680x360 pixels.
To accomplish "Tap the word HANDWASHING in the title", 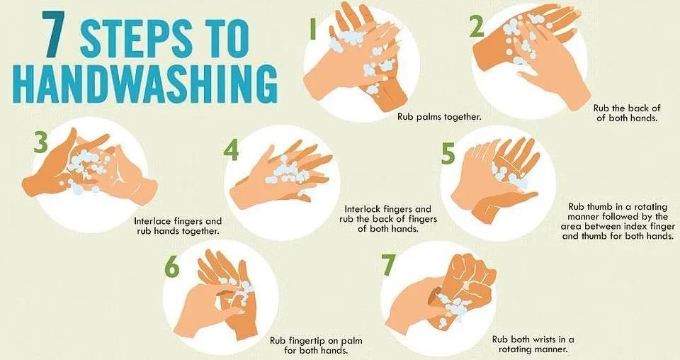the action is [x=147, y=84].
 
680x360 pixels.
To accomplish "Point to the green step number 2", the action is [x=477, y=28].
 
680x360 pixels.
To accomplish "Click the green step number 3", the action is [x=40, y=142].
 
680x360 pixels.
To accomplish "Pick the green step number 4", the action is [x=231, y=150].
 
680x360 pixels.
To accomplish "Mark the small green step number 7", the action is [x=389, y=264].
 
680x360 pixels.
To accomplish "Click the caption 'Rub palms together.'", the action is [x=439, y=117].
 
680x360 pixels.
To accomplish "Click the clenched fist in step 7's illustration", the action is [x=470, y=282].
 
